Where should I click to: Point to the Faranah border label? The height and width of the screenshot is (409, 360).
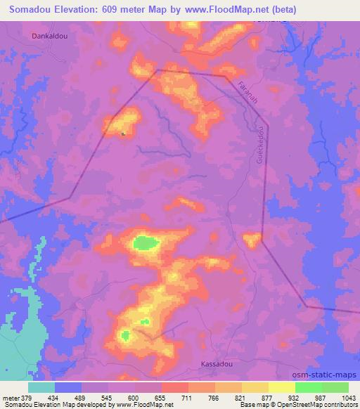243,95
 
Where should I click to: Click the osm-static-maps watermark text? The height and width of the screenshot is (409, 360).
329,376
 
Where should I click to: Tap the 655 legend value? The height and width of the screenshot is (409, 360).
161,398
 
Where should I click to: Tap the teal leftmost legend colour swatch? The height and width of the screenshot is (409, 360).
41,387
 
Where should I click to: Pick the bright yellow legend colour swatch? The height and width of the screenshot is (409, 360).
282,387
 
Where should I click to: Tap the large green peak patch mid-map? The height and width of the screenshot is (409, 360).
146,243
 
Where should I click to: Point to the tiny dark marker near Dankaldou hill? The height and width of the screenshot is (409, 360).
123,134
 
